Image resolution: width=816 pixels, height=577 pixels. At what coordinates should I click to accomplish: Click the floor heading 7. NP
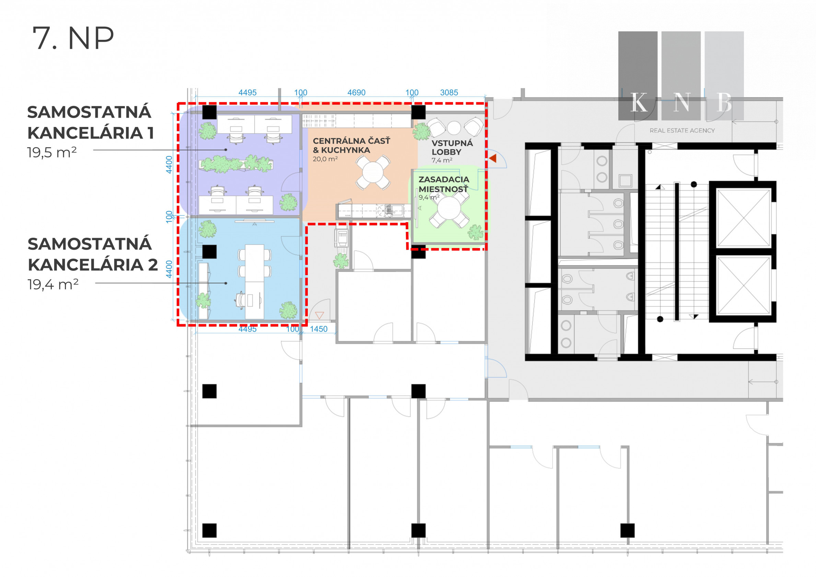73,38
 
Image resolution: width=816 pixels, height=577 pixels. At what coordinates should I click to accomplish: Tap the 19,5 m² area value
52,152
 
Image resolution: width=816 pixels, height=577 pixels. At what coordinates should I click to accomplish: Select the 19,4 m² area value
53,284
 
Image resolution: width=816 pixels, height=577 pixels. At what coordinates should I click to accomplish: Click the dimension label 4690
356,92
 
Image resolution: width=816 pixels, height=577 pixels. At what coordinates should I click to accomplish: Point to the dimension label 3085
449,92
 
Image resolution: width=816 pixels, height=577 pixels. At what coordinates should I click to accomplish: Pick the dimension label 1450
318,329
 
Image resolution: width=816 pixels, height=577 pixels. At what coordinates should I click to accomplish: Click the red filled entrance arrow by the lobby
493,158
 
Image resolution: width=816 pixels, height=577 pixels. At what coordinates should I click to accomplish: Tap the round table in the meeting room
449,209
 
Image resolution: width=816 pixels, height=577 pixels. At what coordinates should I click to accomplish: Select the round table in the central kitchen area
373,173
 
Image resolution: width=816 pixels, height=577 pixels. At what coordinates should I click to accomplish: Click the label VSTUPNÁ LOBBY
452,148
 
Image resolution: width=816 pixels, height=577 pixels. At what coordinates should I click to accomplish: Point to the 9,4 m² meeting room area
429,197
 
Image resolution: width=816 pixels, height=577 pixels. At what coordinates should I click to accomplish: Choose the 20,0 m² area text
325,159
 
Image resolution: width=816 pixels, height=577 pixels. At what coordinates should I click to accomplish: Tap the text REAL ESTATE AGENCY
682,131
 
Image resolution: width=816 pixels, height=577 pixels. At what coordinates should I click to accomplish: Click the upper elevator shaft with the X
744,218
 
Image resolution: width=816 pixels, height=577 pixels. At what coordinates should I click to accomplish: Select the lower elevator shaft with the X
744,286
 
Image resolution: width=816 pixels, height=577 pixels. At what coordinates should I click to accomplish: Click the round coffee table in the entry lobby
454,127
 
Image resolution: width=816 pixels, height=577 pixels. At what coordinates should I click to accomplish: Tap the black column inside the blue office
209,251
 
